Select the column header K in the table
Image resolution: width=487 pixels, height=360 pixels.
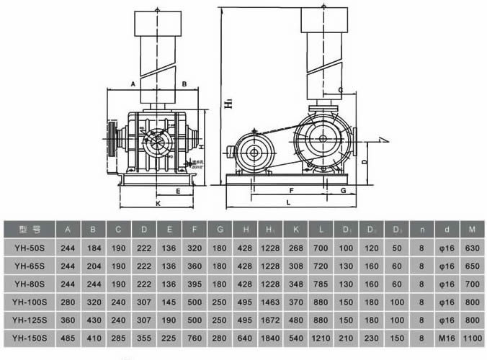pos(295,230)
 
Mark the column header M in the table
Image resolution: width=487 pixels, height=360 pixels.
pos(471,230)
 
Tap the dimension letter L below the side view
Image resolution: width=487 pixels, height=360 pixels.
pos(288,204)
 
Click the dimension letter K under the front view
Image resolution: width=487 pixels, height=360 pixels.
pos(158,204)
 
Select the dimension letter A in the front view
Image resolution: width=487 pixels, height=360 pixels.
pos(133,84)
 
